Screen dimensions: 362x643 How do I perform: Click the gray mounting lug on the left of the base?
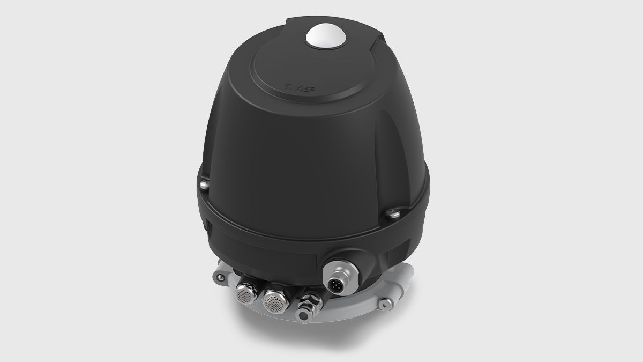tap(219, 277)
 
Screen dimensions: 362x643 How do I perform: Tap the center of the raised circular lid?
tap(322, 64)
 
